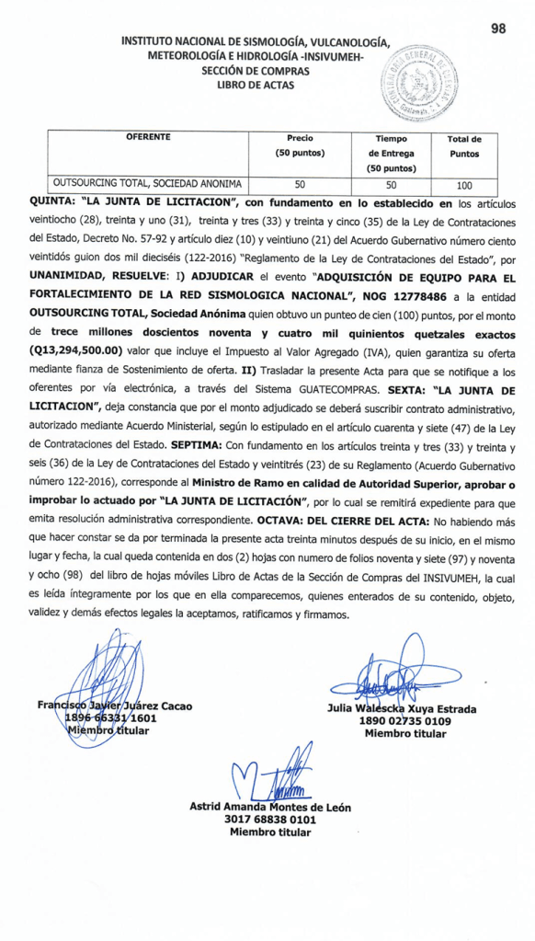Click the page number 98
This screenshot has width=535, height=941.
498,29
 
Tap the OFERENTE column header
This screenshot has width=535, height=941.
148,138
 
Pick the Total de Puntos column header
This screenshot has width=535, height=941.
464,146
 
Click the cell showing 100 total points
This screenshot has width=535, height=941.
464,185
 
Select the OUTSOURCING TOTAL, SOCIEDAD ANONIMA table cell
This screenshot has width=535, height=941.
148,184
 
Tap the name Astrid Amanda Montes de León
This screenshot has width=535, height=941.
269,806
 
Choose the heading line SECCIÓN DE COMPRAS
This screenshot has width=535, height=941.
255,70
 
